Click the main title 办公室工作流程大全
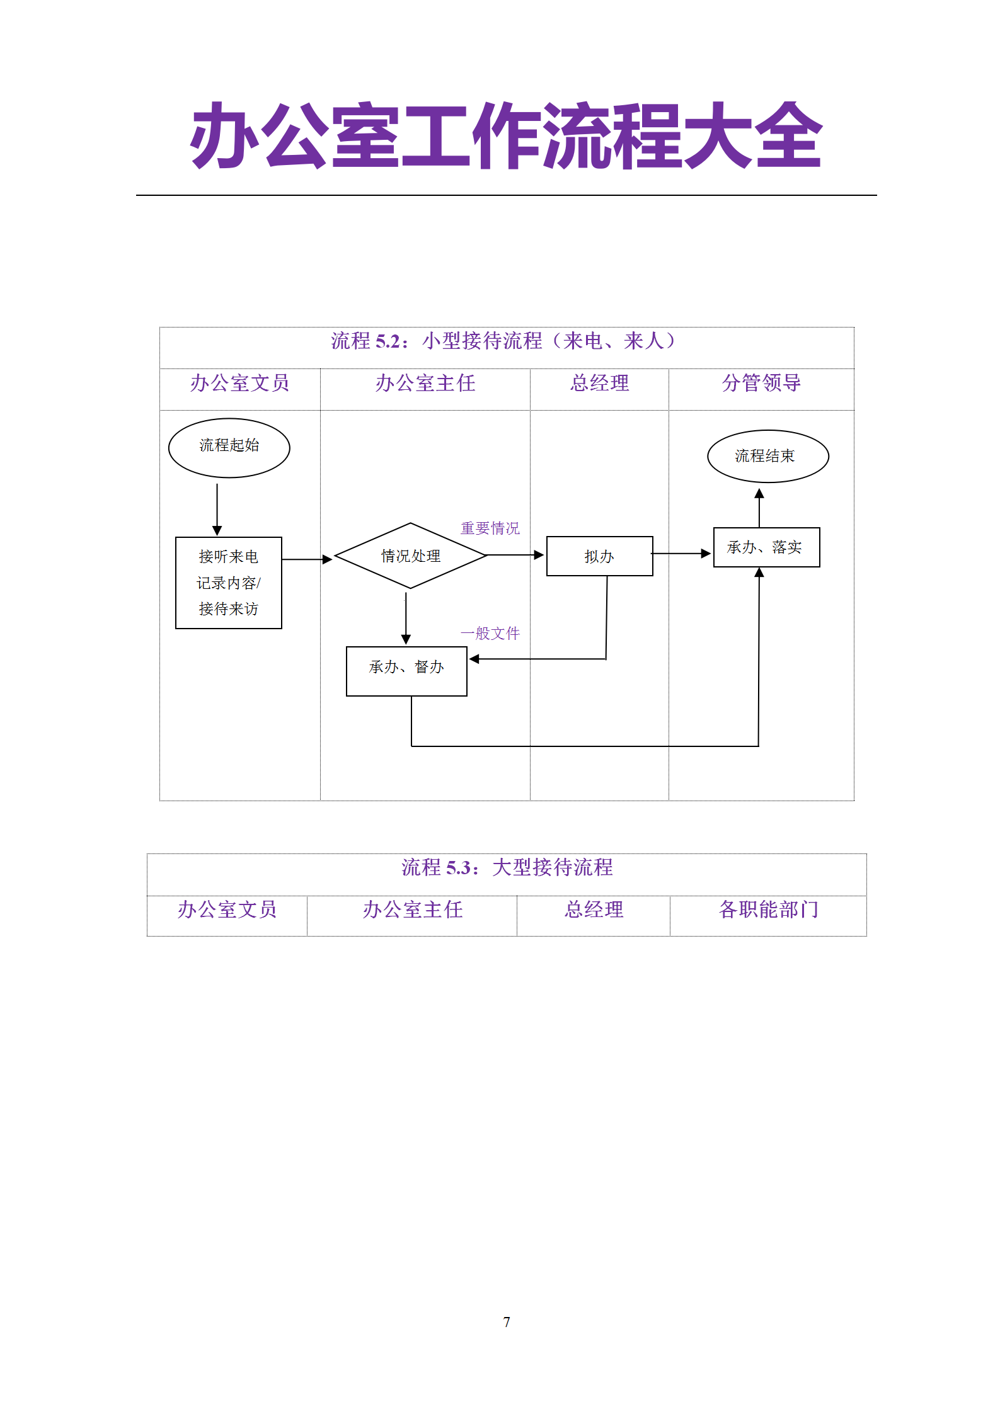click(x=506, y=136)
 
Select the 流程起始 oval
click(x=229, y=448)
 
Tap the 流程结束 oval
click(x=767, y=456)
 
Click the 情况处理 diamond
click(x=410, y=556)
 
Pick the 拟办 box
click(x=599, y=556)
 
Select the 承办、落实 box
click(x=766, y=547)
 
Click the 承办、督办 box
click(x=406, y=671)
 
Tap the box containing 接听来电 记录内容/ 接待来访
click(x=228, y=583)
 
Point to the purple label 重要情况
click(x=490, y=528)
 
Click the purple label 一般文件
click(x=490, y=633)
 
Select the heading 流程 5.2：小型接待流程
click(x=503, y=341)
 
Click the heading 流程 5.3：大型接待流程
click(x=507, y=867)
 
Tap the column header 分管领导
click(x=761, y=382)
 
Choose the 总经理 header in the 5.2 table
click(x=599, y=382)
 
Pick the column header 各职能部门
click(x=768, y=909)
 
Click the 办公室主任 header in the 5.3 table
click(x=412, y=909)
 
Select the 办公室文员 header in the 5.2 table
click(x=239, y=382)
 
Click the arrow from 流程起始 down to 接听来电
click(x=217, y=509)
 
